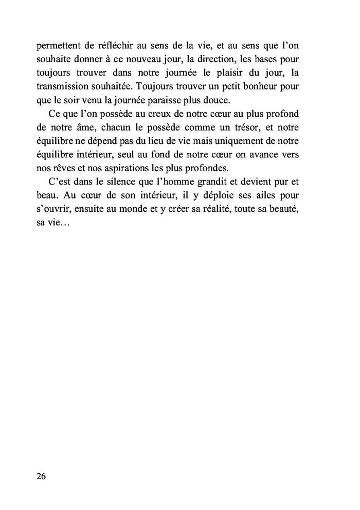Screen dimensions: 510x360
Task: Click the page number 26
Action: pyautogui.click(x=42, y=476)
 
